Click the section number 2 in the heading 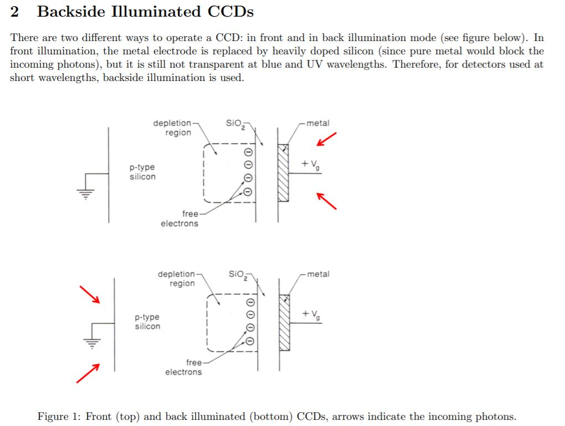click(15, 12)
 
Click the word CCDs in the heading click(228, 12)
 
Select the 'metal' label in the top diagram click(318, 123)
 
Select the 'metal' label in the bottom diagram click(318, 274)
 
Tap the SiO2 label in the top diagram click(235, 124)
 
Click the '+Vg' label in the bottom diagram click(311, 315)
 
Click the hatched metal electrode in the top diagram click(283, 173)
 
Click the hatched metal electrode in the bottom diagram click(284, 322)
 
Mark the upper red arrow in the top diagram click(327, 139)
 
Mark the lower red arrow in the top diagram click(327, 200)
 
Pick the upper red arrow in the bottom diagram click(89, 294)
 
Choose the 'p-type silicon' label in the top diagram click(142, 172)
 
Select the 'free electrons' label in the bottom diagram click(184, 367)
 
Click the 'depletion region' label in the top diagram click(174, 128)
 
